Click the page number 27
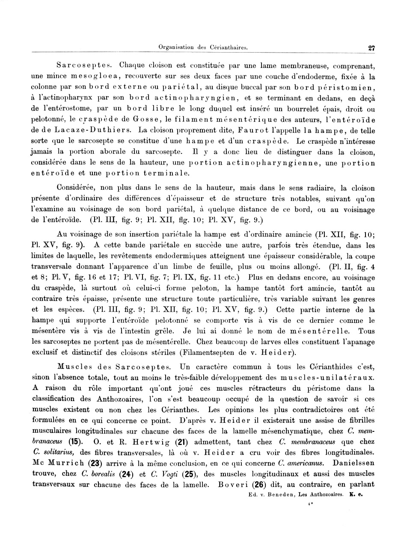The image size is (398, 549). pos(371,48)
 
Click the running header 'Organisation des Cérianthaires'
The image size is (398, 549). pos(203,47)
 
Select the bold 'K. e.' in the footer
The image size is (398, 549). pos(356,492)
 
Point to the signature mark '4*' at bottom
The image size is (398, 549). pos(310,504)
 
